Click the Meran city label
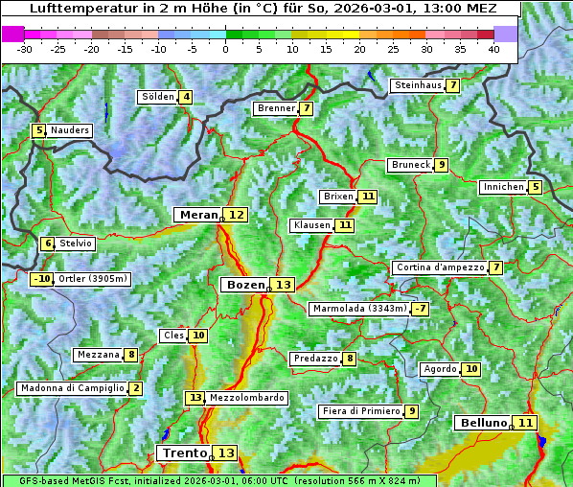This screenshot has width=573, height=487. [x=197, y=215]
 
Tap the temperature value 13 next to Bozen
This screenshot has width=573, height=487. [x=283, y=285]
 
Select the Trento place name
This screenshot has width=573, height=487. [x=185, y=452]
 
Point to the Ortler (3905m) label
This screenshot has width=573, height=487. [x=93, y=279]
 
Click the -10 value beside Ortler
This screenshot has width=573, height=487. [x=42, y=279]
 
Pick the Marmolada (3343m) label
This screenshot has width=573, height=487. [x=359, y=309]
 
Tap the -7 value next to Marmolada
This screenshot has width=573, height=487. [x=420, y=309]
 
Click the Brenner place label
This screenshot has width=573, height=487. [x=276, y=108]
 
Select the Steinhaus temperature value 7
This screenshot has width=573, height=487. [x=452, y=85]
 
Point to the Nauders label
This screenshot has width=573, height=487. [x=70, y=130]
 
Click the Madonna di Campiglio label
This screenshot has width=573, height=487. [x=72, y=388]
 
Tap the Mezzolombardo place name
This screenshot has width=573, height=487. [x=246, y=397]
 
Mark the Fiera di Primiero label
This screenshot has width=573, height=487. [x=360, y=411]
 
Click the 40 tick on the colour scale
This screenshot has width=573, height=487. [x=493, y=49]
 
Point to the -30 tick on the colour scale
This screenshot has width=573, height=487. [x=25, y=49]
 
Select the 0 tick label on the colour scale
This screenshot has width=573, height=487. [x=225, y=49]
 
